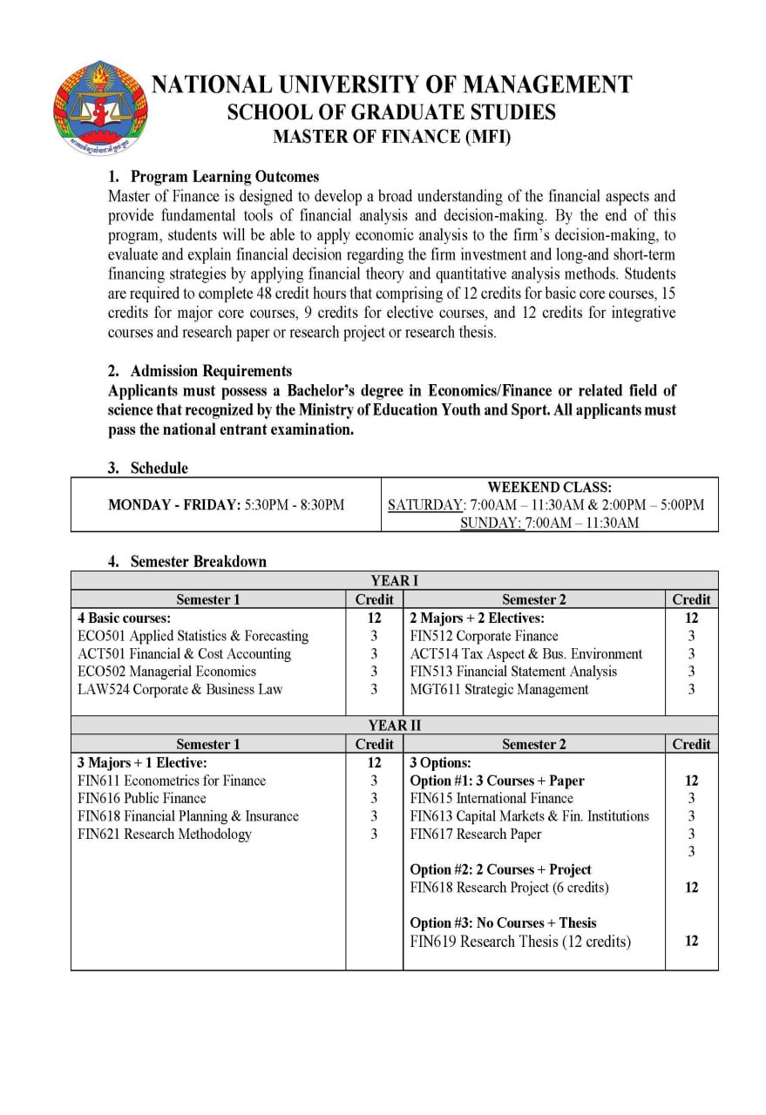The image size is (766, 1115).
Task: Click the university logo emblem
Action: coord(101,108)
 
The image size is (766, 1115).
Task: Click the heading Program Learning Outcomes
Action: coord(225,177)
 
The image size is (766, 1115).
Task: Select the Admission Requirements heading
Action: coord(211,371)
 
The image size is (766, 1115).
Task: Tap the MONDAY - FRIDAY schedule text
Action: coord(226,504)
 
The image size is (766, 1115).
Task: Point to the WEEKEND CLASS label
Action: coord(549,487)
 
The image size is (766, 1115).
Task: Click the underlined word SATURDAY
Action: coord(425,505)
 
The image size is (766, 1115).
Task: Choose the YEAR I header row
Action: coord(394,581)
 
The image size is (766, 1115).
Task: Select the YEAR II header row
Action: coord(394,726)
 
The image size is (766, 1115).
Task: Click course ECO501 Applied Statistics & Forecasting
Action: coord(193,636)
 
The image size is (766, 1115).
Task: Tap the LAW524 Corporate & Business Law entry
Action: coord(180,689)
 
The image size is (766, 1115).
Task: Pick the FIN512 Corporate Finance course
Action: coord(484,636)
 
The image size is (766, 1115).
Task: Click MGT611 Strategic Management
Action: coord(498,689)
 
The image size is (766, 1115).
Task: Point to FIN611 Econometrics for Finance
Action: coord(172,780)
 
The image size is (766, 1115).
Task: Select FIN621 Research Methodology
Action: coord(165,834)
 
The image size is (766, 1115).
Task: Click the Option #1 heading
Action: coord(497,780)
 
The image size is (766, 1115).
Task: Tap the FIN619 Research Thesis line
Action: coord(520,941)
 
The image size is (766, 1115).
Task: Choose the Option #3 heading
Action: coord(503,922)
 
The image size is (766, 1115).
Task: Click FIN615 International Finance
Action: coord(491,798)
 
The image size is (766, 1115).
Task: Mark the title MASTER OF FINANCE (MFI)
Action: coord(391,137)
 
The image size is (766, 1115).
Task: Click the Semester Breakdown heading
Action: coord(198,561)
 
